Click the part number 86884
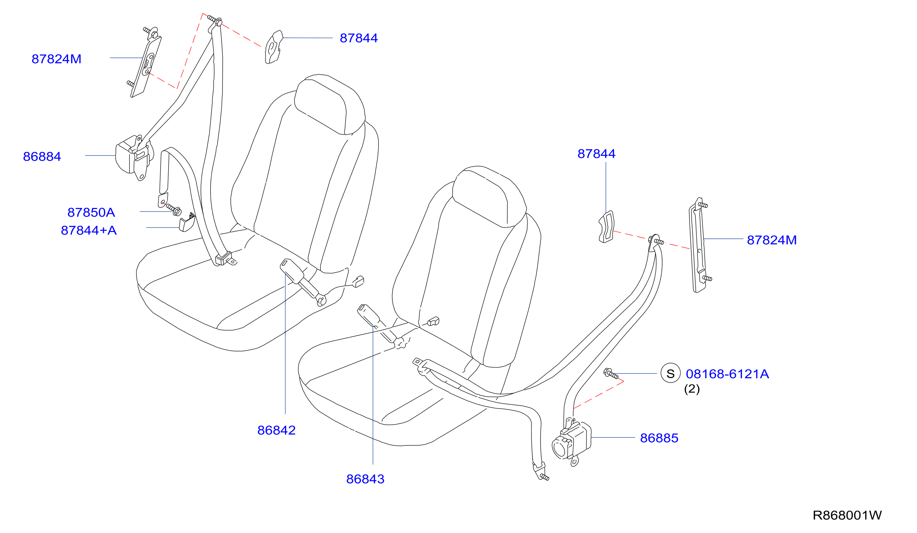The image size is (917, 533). tap(42, 157)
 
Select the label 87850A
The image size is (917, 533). tap(91, 213)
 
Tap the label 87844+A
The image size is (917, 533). tap(89, 230)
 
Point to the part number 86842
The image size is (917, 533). tap(276, 430)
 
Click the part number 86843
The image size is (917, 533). tap(365, 479)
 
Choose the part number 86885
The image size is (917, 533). tap(659, 438)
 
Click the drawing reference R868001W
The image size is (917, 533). tap(847, 515)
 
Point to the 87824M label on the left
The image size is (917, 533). tap(56, 59)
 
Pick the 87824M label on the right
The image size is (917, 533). tap(772, 240)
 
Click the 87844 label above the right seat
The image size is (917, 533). tap(596, 154)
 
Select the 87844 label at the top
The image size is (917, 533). tap(359, 38)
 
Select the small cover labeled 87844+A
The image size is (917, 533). tap(187, 222)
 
